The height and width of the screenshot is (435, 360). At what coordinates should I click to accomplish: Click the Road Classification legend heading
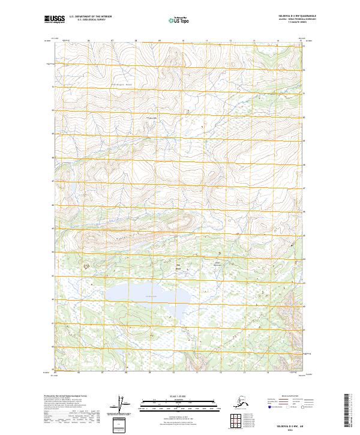click(x=284, y=396)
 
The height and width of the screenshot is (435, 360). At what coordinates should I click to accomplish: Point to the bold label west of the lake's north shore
click(x=86, y=265)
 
